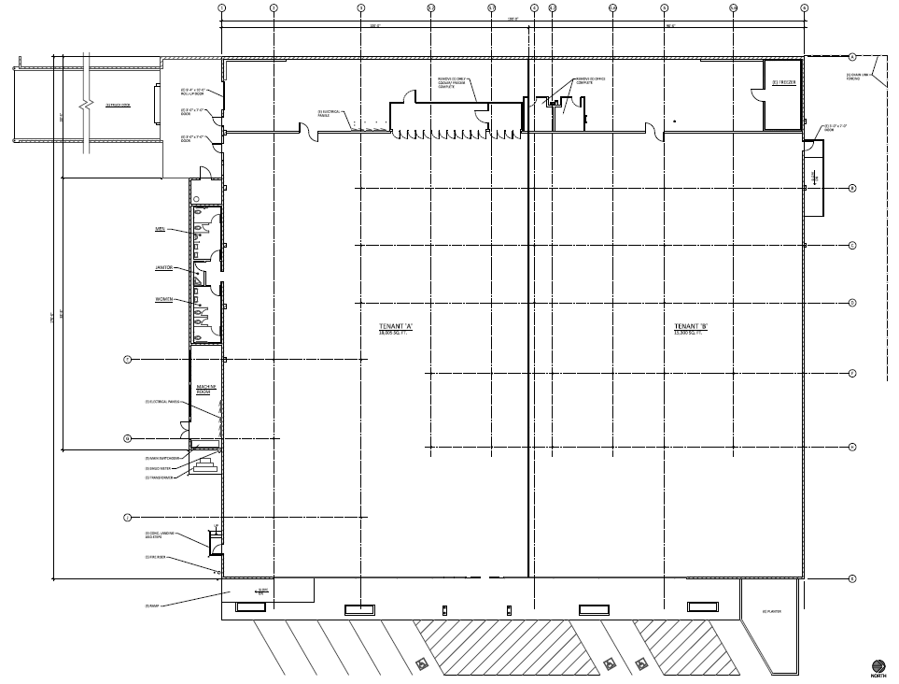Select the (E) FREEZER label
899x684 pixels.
coord(783,82)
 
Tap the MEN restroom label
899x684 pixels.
coord(160,228)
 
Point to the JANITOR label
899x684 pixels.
coord(163,267)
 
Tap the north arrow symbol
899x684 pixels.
coord(878,665)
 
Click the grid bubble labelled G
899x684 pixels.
coord(127,438)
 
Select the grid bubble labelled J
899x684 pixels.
coord(127,517)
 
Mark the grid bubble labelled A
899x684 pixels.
coord(852,57)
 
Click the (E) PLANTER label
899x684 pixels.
coord(771,612)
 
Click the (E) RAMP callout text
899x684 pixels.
coord(152,606)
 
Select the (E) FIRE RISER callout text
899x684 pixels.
coord(155,557)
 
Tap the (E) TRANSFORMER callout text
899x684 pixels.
coord(160,477)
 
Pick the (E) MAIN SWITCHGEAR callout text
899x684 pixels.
coord(162,459)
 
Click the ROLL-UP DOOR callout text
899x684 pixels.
coord(192,93)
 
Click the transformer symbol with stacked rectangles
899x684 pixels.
coord(207,464)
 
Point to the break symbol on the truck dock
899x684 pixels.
coord(87,101)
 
